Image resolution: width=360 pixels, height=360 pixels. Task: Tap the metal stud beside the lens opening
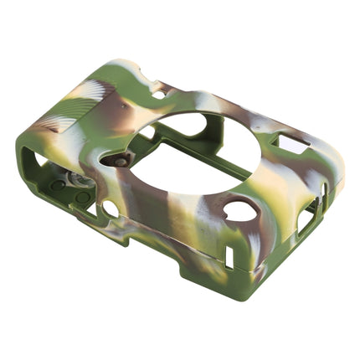[121, 159]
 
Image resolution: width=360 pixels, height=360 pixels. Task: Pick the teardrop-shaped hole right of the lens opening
[240, 209]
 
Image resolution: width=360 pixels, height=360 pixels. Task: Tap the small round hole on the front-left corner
[110, 207]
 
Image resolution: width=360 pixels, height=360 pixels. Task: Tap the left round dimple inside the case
[58, 185]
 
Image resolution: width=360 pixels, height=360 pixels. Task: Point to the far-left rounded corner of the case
[18, 155]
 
